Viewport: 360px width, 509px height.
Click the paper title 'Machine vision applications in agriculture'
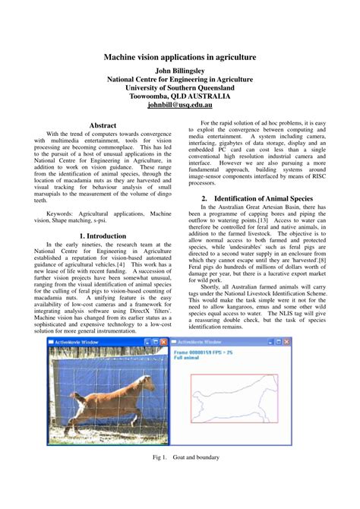coord(179,57)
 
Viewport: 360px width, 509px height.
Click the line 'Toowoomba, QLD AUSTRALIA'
coord(179,97)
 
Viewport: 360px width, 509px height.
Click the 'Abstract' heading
coord(103,124)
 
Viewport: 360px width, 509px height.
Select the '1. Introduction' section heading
coord(103,236)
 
